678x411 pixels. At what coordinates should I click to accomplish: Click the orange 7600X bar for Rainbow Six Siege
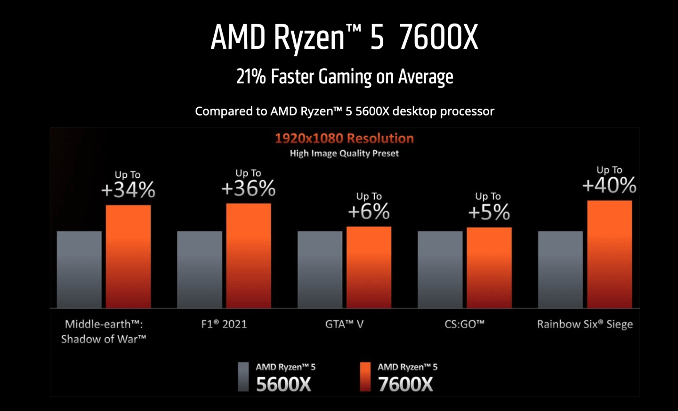coord(609,254)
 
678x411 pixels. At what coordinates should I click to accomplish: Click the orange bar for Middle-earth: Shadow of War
coord(128,256)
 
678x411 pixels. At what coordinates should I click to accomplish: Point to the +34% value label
coord(128,190)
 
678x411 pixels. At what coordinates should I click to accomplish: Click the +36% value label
coord(249,189)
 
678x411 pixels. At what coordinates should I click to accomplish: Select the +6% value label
coord(369,212)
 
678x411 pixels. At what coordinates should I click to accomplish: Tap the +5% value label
coord(489,212)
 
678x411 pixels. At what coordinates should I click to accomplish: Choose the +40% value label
coord(609,185)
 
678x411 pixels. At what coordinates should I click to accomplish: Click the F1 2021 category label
coord(224,324)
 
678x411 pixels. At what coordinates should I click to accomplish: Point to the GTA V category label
coord(344,324)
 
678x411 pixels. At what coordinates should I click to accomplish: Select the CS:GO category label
coord(464,324)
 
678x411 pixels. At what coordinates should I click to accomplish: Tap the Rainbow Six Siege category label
coord(585,324)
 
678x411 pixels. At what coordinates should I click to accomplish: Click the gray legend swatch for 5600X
coord(243,377)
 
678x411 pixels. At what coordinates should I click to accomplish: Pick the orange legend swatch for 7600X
coord(365,377)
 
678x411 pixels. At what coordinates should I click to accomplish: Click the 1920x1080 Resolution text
coord(344,138)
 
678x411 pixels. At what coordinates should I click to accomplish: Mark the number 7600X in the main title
coord(438,38)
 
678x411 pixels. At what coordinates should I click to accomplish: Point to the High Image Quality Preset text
coord(344,153)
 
